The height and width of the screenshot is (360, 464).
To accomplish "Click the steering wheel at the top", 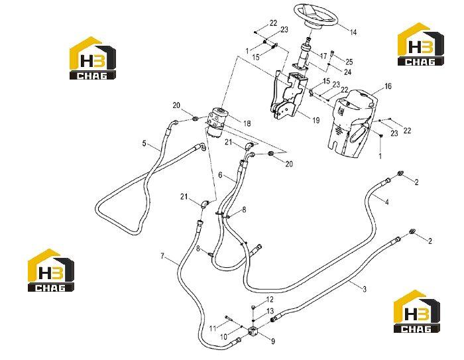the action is [x=316, y=16].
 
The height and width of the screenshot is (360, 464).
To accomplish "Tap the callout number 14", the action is [x=353, y=32].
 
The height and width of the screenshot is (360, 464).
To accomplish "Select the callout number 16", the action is [x=388, y=86].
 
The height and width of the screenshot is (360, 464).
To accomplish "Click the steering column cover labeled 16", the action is [x=353, y=122].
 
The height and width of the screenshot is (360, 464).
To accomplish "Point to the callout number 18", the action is [x=247, y=123].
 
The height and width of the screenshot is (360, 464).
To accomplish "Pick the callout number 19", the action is [x=316, y=120].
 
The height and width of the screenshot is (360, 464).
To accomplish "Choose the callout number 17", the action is [x=323, y=56].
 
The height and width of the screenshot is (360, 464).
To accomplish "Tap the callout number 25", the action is [x=349, y=62].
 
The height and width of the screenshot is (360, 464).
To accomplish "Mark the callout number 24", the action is [x=347, y=72].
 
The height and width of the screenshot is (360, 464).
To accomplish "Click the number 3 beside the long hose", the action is [x=365, y=288].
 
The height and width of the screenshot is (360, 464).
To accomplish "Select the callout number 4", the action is [x=386, y=202].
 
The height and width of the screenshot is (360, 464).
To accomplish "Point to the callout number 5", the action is [x=144, y=144].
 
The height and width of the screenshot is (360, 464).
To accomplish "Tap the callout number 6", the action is [x=220, y=175].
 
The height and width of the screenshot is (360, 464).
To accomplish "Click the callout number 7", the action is [x=162, y=256].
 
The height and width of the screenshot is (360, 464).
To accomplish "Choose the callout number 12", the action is [x=270, y=300].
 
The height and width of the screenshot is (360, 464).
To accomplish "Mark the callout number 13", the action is [x=270, y=311].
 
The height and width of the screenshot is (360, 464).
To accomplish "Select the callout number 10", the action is [x=223, y=337].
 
